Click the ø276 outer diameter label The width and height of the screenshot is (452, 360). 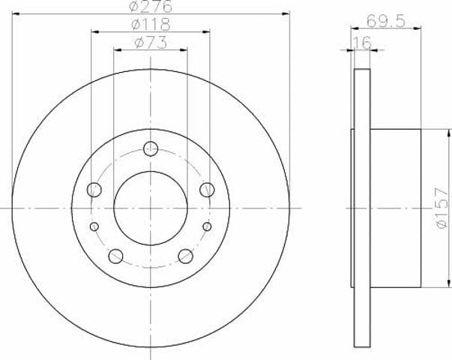coord(151,6)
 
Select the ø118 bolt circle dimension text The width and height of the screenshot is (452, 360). coord(151,25)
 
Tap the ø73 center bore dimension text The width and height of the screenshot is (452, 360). coord(151,43)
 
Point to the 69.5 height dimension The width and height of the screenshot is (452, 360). coord(386,21)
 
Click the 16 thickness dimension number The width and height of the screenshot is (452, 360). coord(362,43)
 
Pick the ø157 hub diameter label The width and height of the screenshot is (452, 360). coord(442,208)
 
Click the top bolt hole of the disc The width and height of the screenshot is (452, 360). coord(151,148)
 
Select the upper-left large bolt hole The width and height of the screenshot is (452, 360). coord(94,190)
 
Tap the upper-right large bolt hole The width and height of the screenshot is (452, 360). coord(207,190)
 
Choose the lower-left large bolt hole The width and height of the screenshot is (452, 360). coord(115,256)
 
